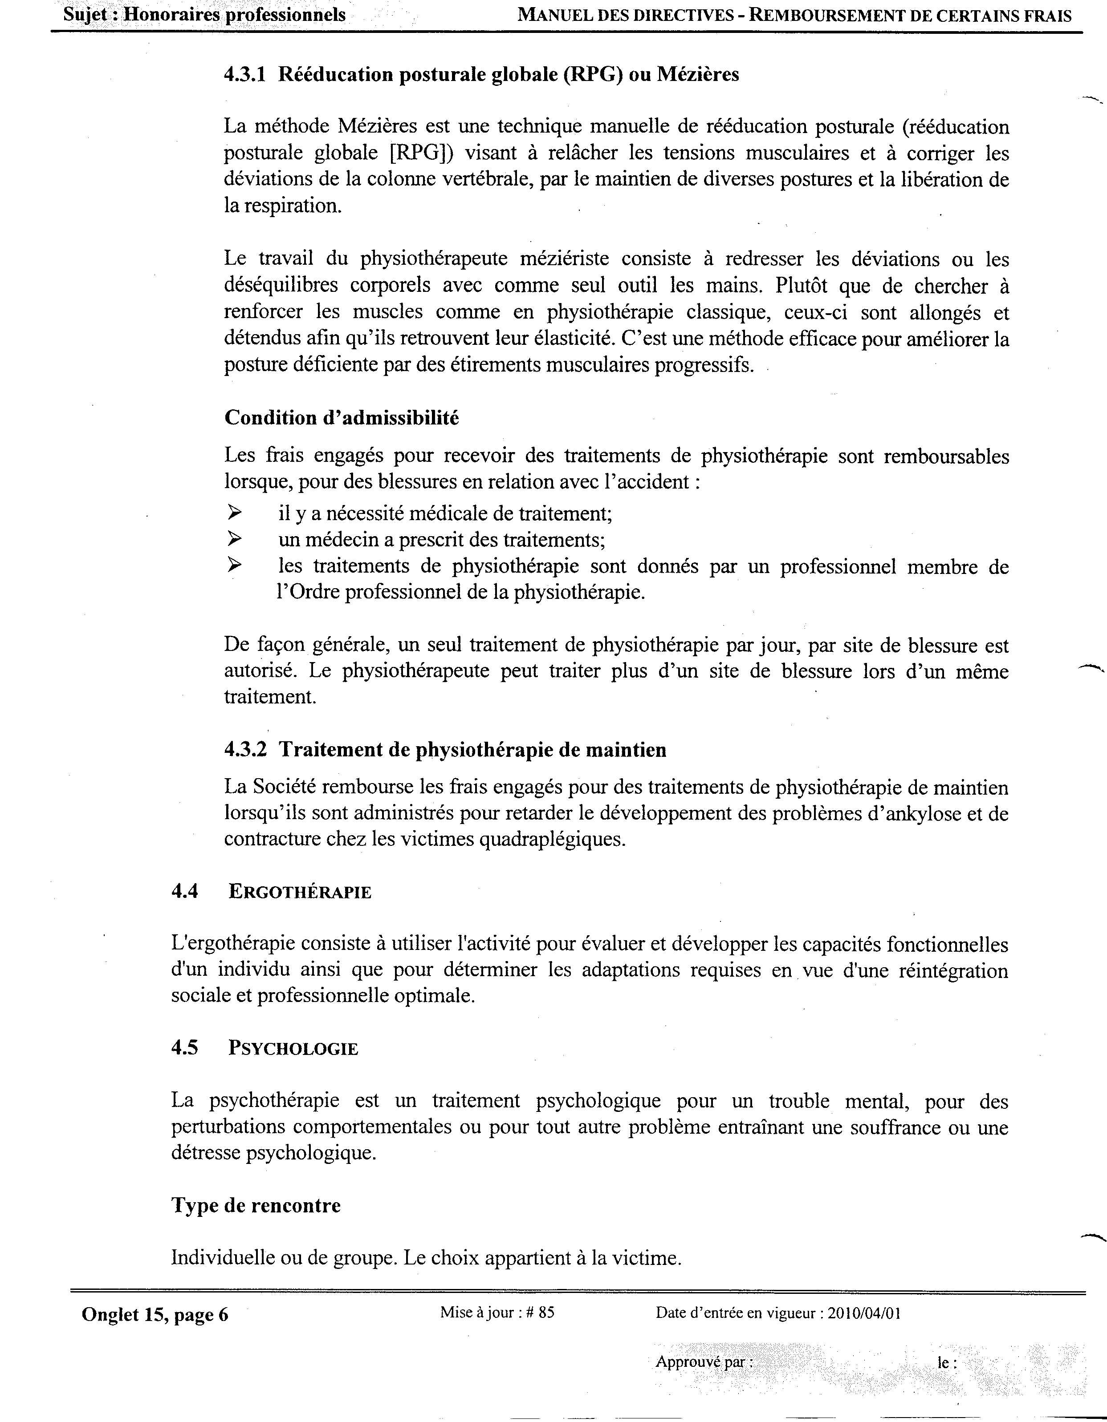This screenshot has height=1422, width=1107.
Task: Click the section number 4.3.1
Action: tap(245, 75)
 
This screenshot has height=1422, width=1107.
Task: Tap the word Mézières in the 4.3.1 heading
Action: tap(697, 75)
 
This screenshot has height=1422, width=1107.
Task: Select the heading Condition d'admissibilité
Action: tap(342, 417)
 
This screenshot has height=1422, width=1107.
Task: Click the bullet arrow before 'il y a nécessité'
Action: tap(234, 513)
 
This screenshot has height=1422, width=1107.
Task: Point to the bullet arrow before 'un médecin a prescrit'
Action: tap(234, 539)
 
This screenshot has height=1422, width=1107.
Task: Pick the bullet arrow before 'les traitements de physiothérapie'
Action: tap(234, 566)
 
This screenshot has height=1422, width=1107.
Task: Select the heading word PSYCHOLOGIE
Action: tap(293, 1049)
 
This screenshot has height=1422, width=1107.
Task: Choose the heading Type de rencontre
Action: tap(256, 1205)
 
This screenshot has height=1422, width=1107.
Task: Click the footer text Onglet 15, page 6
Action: tap(155, 1315)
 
